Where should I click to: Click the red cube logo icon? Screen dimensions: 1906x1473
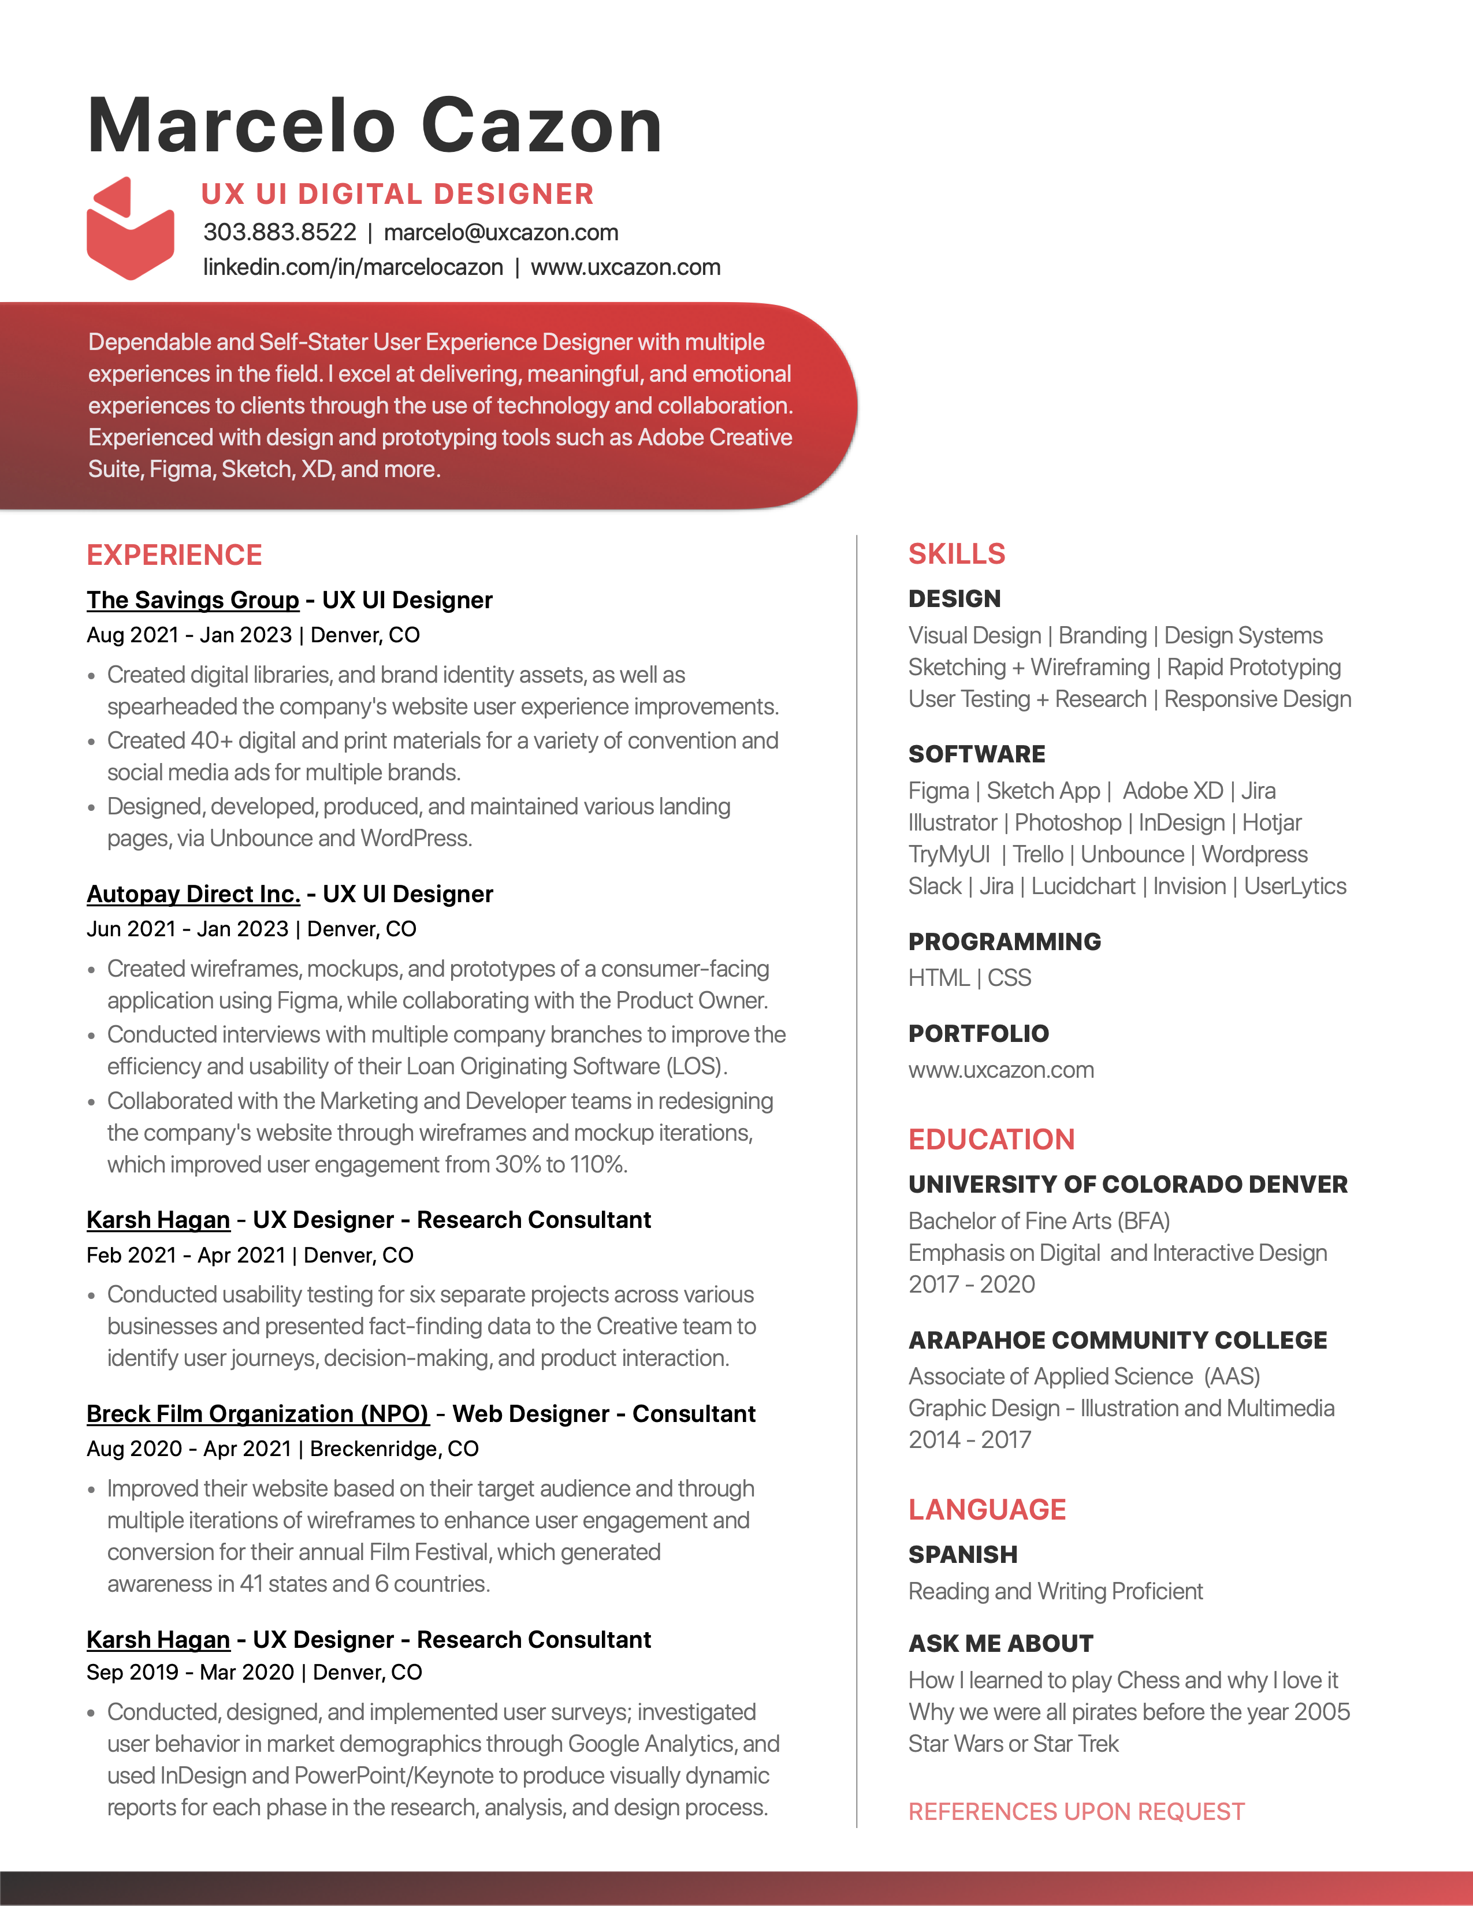point(130,229)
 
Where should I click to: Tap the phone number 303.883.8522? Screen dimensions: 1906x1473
point(279,232)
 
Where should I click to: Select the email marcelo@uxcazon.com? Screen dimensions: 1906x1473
point(501,232)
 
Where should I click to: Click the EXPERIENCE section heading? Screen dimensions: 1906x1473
point(174,555)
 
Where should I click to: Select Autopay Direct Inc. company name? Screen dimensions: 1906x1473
point(193,895)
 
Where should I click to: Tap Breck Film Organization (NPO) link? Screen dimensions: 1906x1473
point(258,1414)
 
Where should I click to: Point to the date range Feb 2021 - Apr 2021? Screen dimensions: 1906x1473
point(186,1255)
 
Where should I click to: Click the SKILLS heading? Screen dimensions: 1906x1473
point(957,554)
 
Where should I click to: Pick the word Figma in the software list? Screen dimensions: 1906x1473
point(938,791)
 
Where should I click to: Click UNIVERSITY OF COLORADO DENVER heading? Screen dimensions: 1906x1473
point(1128,1184)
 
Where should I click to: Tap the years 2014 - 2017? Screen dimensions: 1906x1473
point(969,1440)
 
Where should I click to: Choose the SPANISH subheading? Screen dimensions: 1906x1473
point(962,1554)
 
